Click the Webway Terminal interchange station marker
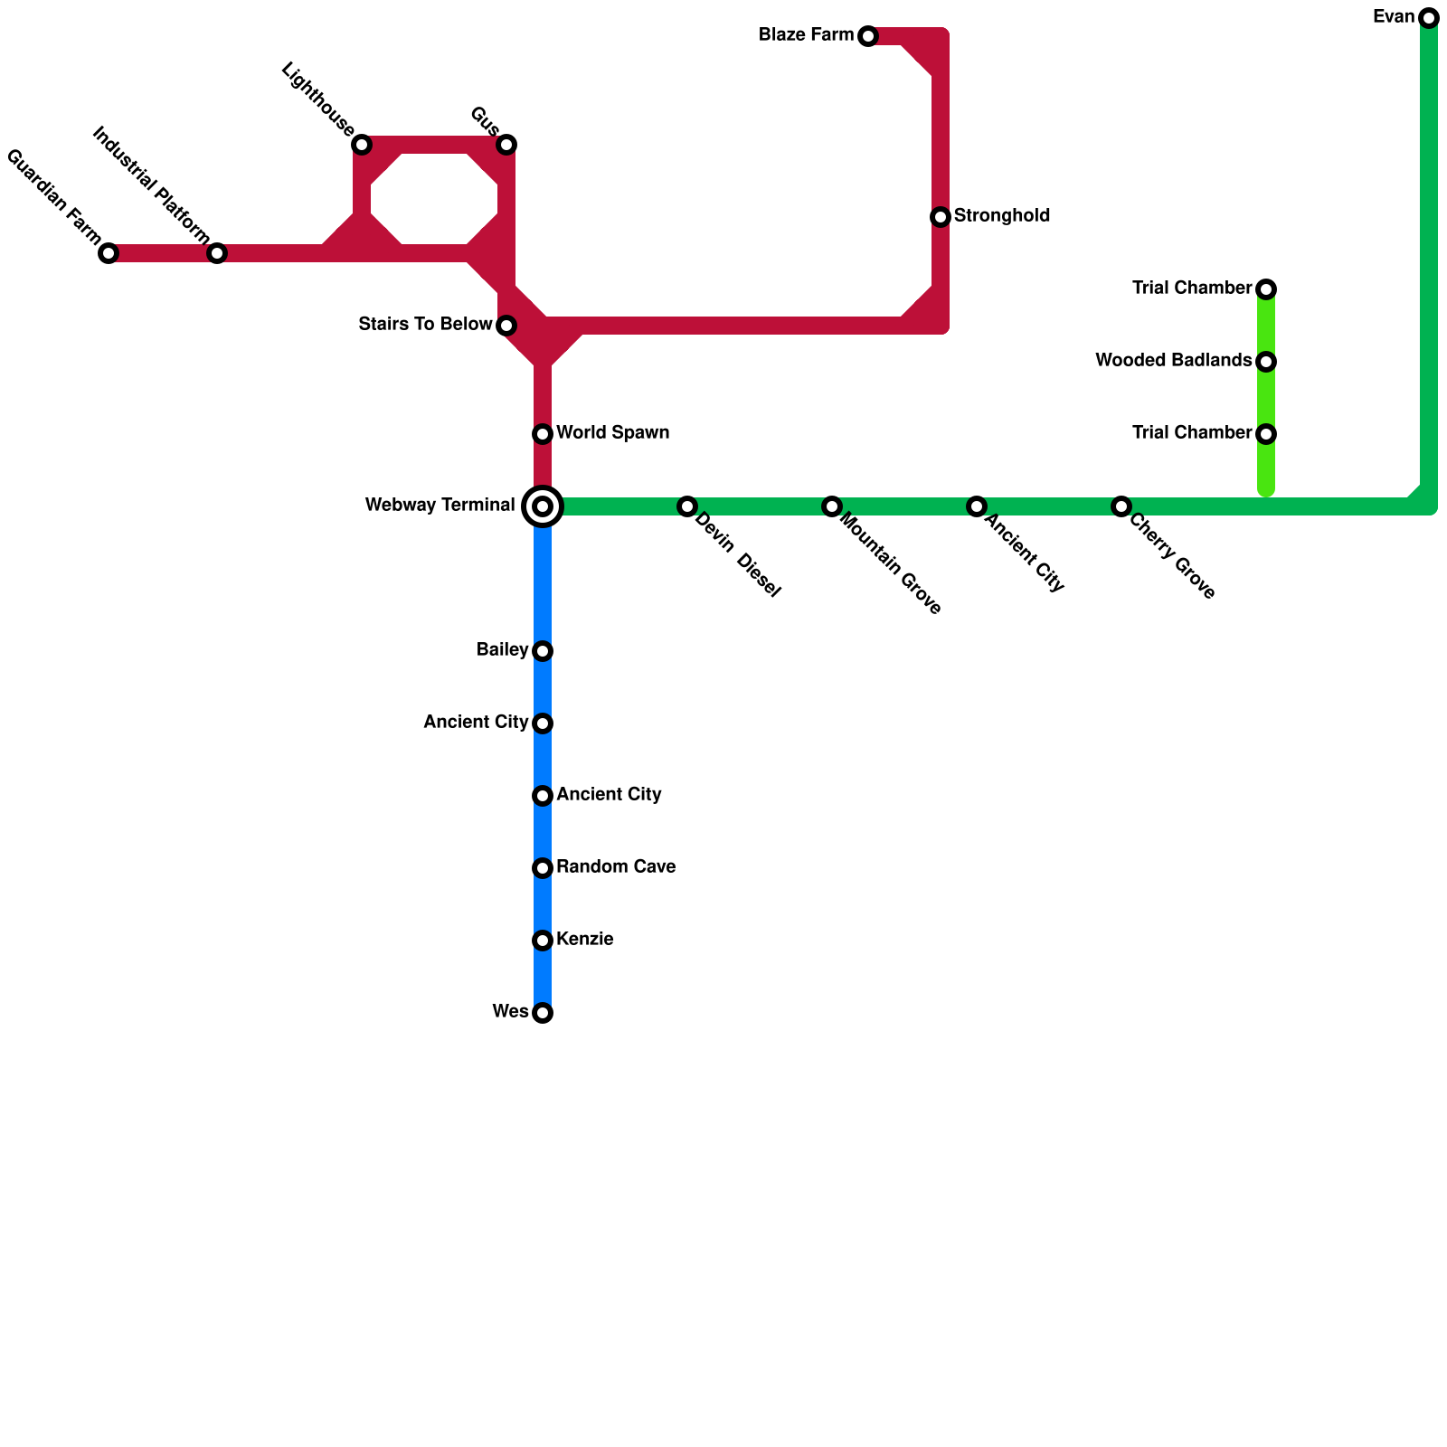543,506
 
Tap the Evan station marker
1429,18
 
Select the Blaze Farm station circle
868,36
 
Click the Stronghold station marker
941,217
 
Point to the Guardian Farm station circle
109,253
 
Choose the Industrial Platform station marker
217,253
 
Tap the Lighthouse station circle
362,145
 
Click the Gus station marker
506,145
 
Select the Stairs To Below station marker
506,326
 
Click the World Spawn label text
612,433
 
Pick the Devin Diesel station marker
687,506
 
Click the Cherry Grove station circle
1121,506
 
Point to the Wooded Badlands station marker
1266,362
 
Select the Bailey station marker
543,651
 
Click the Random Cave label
616,867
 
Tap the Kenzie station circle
543,941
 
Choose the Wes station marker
543,1013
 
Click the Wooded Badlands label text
1173,361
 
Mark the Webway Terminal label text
440,506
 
